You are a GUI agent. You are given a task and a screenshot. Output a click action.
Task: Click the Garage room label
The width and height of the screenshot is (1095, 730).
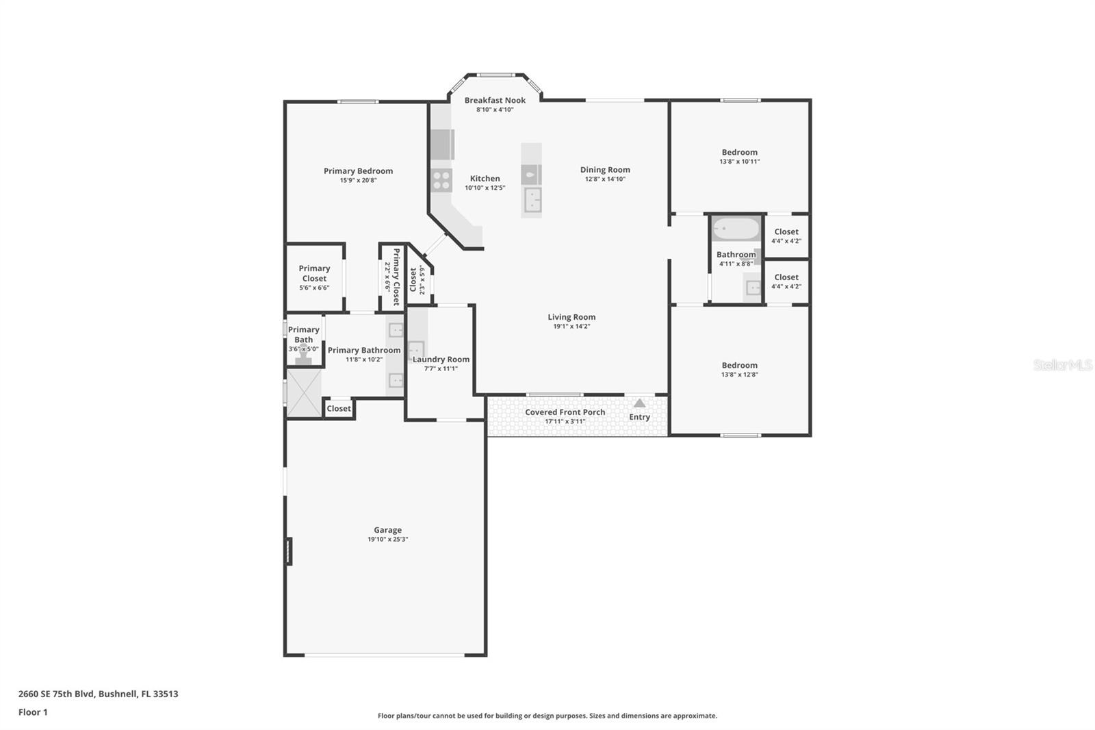387,530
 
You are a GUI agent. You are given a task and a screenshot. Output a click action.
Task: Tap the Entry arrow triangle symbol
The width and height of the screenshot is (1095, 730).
639,403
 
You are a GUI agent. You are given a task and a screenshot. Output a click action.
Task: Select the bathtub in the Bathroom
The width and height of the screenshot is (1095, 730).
736,229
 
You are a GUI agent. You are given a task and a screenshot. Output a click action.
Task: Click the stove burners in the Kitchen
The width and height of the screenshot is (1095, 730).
441,181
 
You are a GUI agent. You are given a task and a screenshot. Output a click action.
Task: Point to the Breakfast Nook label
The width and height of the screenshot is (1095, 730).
495,101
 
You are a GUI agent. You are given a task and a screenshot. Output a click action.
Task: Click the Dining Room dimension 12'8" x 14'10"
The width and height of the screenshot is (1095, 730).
605,179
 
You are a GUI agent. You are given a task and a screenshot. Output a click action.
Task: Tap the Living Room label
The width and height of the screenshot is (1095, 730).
571,317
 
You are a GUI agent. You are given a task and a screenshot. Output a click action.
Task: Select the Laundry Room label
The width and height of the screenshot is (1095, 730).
441,360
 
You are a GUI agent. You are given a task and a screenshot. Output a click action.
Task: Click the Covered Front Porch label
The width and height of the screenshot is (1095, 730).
565,412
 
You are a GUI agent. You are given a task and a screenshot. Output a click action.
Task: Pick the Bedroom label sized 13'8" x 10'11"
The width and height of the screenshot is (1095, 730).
739,153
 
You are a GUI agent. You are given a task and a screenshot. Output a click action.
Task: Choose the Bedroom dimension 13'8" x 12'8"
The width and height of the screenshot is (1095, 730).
739,375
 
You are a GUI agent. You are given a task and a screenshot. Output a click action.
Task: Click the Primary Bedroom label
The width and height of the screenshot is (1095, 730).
358,171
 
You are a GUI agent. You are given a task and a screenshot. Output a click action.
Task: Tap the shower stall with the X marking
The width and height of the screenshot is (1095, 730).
303,392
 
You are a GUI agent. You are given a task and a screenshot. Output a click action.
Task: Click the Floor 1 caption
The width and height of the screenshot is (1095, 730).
33,712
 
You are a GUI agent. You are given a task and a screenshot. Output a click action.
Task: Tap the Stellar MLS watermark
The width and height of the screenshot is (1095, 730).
1062,365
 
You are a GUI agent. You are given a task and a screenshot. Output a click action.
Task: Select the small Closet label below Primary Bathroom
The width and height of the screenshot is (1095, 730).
338,409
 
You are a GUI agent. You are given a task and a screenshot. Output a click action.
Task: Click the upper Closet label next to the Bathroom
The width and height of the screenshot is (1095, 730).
786,232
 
